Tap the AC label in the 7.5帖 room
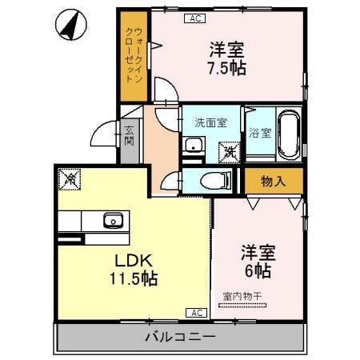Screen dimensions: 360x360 pos(194,18)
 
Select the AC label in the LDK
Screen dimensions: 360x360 pos(195,313)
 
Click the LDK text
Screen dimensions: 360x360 pos(133,261)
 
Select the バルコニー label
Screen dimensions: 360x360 pos(179,337)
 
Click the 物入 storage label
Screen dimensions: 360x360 pos(273,182)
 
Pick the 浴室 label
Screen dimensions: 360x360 pos(258,132)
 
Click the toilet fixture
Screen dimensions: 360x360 pos(213,180)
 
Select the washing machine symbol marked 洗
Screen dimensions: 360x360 pos(230,150)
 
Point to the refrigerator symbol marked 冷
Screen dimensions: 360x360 pos(70,180)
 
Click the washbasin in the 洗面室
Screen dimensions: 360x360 pos(192,146)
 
